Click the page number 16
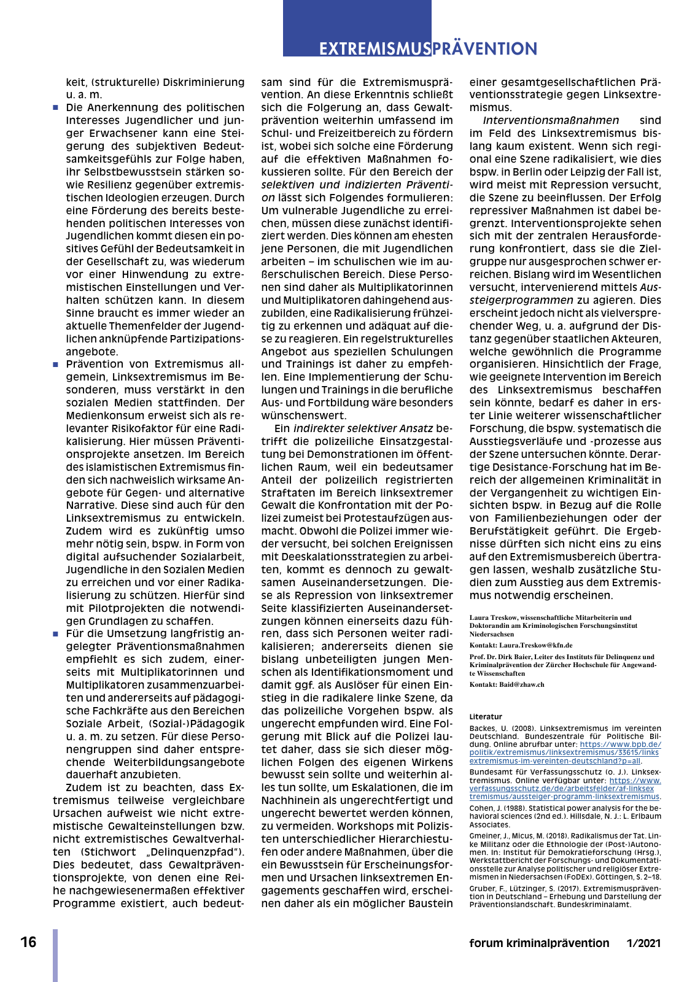28,942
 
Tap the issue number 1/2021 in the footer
643,943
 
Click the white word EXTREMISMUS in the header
375,48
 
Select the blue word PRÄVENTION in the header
484,48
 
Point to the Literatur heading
486,716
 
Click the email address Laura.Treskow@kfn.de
535,645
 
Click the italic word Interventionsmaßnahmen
551,120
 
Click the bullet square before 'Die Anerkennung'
56,108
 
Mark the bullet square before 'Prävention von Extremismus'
56,365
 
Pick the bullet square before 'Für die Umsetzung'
56,634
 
